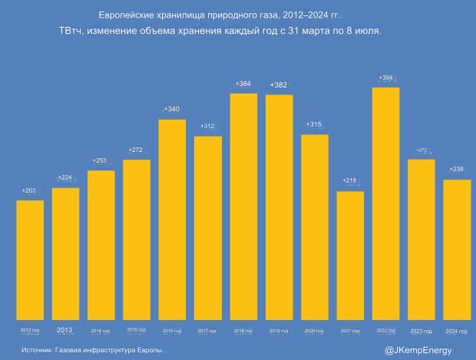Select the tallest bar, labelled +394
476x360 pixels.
click(385, 203)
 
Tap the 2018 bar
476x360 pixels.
click(243, 206)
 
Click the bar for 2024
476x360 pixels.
click(457, 249)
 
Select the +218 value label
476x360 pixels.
click(350, 180)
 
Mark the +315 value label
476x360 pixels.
click(313, 124)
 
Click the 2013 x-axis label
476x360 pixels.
click(65, 330)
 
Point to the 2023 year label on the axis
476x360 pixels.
click(421, 331)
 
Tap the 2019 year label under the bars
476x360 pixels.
click(279, 331)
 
